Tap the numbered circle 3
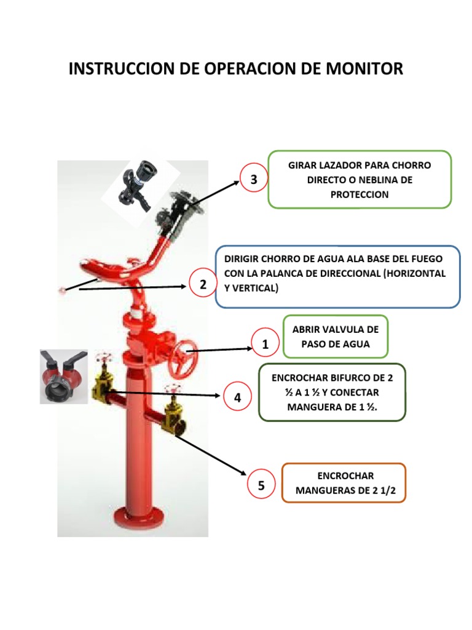pos(254,179)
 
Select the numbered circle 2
pos(203,285)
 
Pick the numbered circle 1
pos(265,345)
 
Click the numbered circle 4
pos(237,398)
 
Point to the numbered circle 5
pos(261,486)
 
